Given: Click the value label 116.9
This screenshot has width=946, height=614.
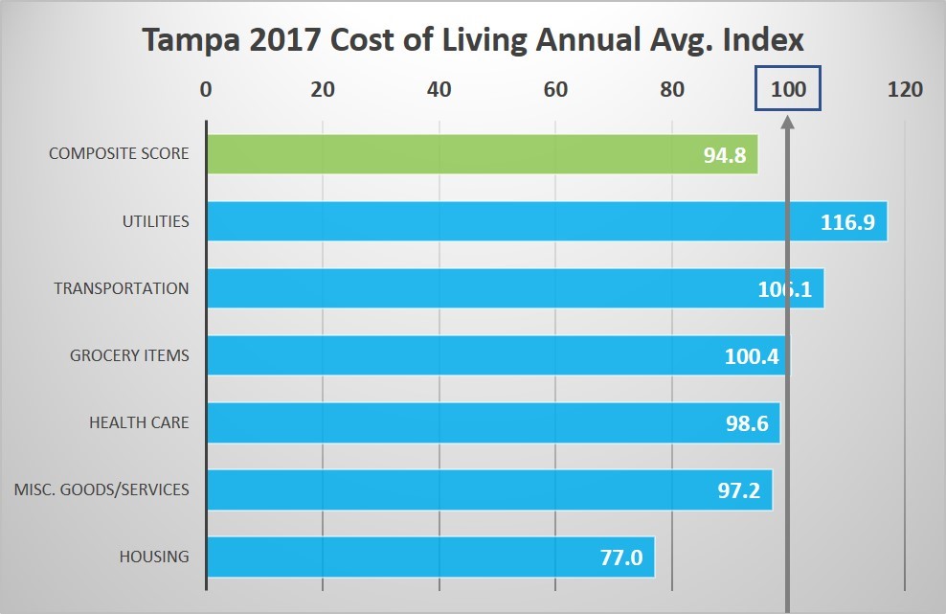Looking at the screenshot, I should tap(846, 222).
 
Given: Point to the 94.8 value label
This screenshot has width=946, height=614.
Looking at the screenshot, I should tap(724, 155).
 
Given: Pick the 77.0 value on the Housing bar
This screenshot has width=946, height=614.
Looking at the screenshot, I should tap(620, 557).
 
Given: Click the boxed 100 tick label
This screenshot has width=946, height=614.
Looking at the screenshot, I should tap(787, 90).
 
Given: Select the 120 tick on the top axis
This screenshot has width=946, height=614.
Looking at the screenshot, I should tap(905, 90).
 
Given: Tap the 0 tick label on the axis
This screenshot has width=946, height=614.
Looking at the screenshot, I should tap(206, 90).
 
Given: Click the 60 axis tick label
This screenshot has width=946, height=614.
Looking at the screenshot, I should tap(555, 90).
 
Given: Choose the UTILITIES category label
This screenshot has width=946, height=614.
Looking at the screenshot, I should tap(155, 221).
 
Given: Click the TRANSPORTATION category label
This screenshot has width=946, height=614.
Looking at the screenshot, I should tap(122, 288).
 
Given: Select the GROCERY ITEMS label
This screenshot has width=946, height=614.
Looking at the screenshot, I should tap(129, 355).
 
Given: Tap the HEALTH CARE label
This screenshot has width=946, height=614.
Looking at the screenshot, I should tap(139, 422).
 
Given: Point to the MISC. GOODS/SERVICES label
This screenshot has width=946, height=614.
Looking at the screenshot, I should tap(101, 489).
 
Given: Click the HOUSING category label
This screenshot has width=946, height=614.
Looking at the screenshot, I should tap(154, 557).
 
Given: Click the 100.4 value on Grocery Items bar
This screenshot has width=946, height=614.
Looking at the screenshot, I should tap(751, 356).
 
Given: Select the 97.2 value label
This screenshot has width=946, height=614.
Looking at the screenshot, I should tap(738, 490).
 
